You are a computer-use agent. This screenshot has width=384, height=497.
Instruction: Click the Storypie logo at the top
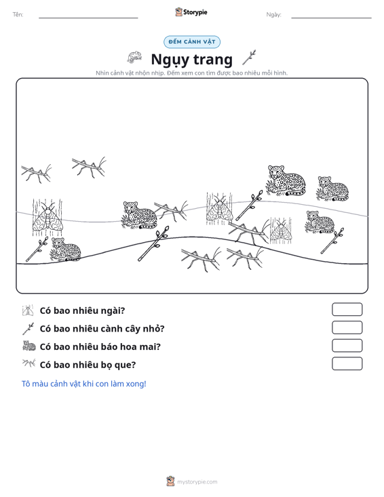pos(191,12)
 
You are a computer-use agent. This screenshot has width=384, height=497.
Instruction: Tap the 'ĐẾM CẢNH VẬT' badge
pos(192,42)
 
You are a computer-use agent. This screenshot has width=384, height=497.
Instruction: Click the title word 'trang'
pos(213,59)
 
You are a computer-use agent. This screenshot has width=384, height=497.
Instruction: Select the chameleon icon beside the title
pos(134,58)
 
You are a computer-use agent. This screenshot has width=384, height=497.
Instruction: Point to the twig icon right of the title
pos(249,58)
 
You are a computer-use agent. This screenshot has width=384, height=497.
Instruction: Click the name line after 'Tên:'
pos(88,18)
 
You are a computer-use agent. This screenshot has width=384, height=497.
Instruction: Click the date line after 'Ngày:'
pos(331,18)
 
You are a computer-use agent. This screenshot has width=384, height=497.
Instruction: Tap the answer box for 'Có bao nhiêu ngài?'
pos(347,309)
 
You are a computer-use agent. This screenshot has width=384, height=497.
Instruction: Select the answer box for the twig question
pos(347,327)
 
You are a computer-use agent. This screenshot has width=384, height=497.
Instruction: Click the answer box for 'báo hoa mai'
pos(347,346)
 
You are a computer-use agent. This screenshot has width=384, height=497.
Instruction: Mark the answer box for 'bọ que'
pos(347,363)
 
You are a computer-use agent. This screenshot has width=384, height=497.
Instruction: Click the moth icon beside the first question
pos(28,311)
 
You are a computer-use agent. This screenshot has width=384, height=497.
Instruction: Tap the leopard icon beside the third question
pos(29,346)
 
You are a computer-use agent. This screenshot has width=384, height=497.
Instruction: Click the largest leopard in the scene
pos(286,180)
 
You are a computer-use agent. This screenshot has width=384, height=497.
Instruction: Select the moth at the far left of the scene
pos(47,218)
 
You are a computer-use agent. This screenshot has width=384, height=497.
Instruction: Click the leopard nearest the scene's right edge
pos(332,188)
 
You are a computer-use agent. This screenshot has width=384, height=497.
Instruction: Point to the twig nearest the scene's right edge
pos(332,241)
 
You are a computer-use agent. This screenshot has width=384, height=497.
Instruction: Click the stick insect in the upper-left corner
pos(37,173)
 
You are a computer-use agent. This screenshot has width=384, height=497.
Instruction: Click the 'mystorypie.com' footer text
pos(197,482)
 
